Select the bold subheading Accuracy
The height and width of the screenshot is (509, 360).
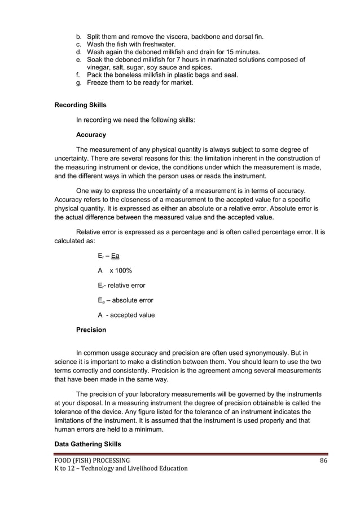[91, 135]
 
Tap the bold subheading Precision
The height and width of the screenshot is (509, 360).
[91, 330]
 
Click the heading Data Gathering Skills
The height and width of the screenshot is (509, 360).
[87, 444]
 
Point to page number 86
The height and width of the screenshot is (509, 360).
[323, 460]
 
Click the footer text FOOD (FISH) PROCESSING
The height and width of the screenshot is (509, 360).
[92, 460]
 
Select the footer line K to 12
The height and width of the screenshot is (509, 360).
[121, 468]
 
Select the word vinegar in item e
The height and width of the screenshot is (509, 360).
[98, 67]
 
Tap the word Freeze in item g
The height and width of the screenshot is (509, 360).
[98, 82]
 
